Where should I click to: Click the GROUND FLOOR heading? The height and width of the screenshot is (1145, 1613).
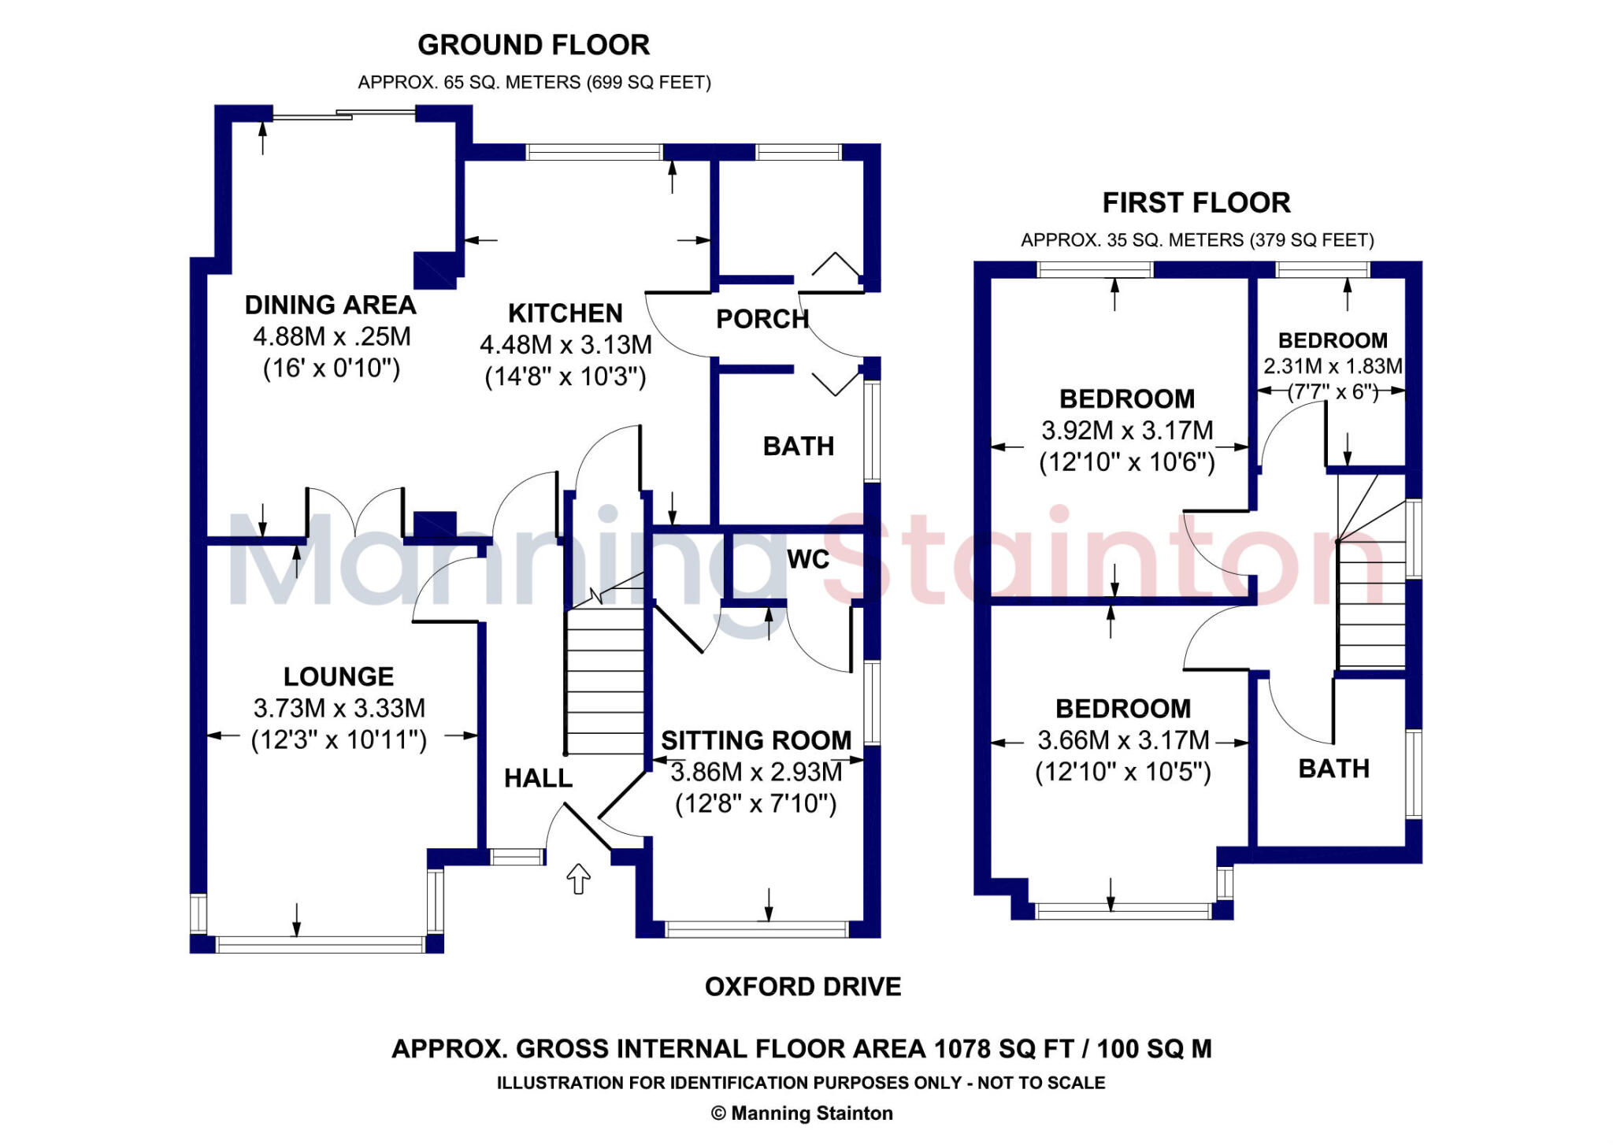pyautogui.click(x=533, y=46)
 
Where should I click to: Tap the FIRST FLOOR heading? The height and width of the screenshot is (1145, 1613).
pyautogui.click(x=1196, y=203)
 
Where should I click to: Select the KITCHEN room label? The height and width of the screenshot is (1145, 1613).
pyautogui.click(x=565, y=313)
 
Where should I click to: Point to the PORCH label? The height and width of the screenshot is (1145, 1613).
pyautogui.click(x=762, y=319)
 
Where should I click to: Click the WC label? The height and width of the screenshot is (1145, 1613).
pyautogui.click(x=808, y=559)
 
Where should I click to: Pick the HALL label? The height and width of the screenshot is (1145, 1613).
pyautogui.click(x=538, y=778)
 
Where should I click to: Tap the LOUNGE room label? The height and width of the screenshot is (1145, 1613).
pyautogui.click(x=339, y=676)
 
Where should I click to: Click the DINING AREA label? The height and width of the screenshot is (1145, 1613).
pyautogui.click(x=330, y=305)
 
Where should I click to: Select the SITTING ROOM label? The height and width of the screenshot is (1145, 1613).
pyautogui.click(x=756, y=740)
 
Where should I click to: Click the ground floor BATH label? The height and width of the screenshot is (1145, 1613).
pyautogui.click(x=798, y=447)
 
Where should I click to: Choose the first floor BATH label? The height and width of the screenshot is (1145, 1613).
pyautogui.click(x=1333, y=769)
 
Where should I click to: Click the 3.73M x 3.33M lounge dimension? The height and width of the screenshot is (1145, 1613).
pyautogui.click(x=339, y=708)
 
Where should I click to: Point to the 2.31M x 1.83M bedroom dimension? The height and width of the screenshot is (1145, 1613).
pyautogui.click(x=1333, y=366)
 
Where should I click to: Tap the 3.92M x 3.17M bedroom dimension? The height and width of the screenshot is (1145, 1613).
pyautogui.click(x=1127, y=431)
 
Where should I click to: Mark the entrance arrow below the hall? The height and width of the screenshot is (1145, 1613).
pyautogui.click(x=579, y=878)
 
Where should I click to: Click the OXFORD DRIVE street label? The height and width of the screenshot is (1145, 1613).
pyautogui.click(x=803, y=987)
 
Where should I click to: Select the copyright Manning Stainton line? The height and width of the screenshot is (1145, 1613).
pyautogui.click(x=802, y=1113)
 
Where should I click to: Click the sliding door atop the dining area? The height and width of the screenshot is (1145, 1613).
pyautogui.click(x=344, y=116)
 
